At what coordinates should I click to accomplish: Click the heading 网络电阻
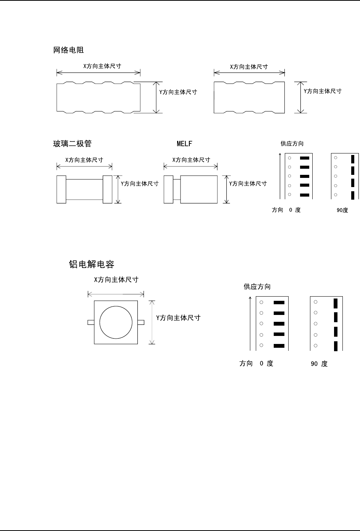pos(68,50)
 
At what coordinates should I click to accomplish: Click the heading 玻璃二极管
pos(72,144)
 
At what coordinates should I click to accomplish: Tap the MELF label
pos(184,144)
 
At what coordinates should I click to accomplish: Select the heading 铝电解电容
pos(92,264)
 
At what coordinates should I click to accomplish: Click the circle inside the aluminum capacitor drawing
pos(116,322)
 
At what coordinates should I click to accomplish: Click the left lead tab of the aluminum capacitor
pos(91,323)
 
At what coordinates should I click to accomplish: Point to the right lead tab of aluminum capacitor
pos(141,323)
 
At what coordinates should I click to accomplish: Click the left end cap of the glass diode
pos(61,189)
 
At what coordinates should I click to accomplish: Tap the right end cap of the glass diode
pos(108,189)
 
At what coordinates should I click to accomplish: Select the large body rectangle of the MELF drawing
pos(199,189)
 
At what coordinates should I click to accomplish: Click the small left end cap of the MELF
pos(168,189)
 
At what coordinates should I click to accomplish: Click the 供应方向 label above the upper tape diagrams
pos(292,144)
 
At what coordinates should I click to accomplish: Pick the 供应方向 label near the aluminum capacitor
pos(257,287)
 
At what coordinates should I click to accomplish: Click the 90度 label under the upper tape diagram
pos(342,210)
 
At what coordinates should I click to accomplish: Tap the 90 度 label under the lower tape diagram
pos(319,364)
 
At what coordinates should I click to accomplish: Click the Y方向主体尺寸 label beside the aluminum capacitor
pos(178,318)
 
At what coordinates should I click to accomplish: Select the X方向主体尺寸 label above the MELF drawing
pos(191,160)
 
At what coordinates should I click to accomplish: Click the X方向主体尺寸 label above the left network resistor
pos(102,66)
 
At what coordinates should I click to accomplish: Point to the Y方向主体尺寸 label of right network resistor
pos(323,91)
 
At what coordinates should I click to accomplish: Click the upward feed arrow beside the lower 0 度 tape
pos(250,323)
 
